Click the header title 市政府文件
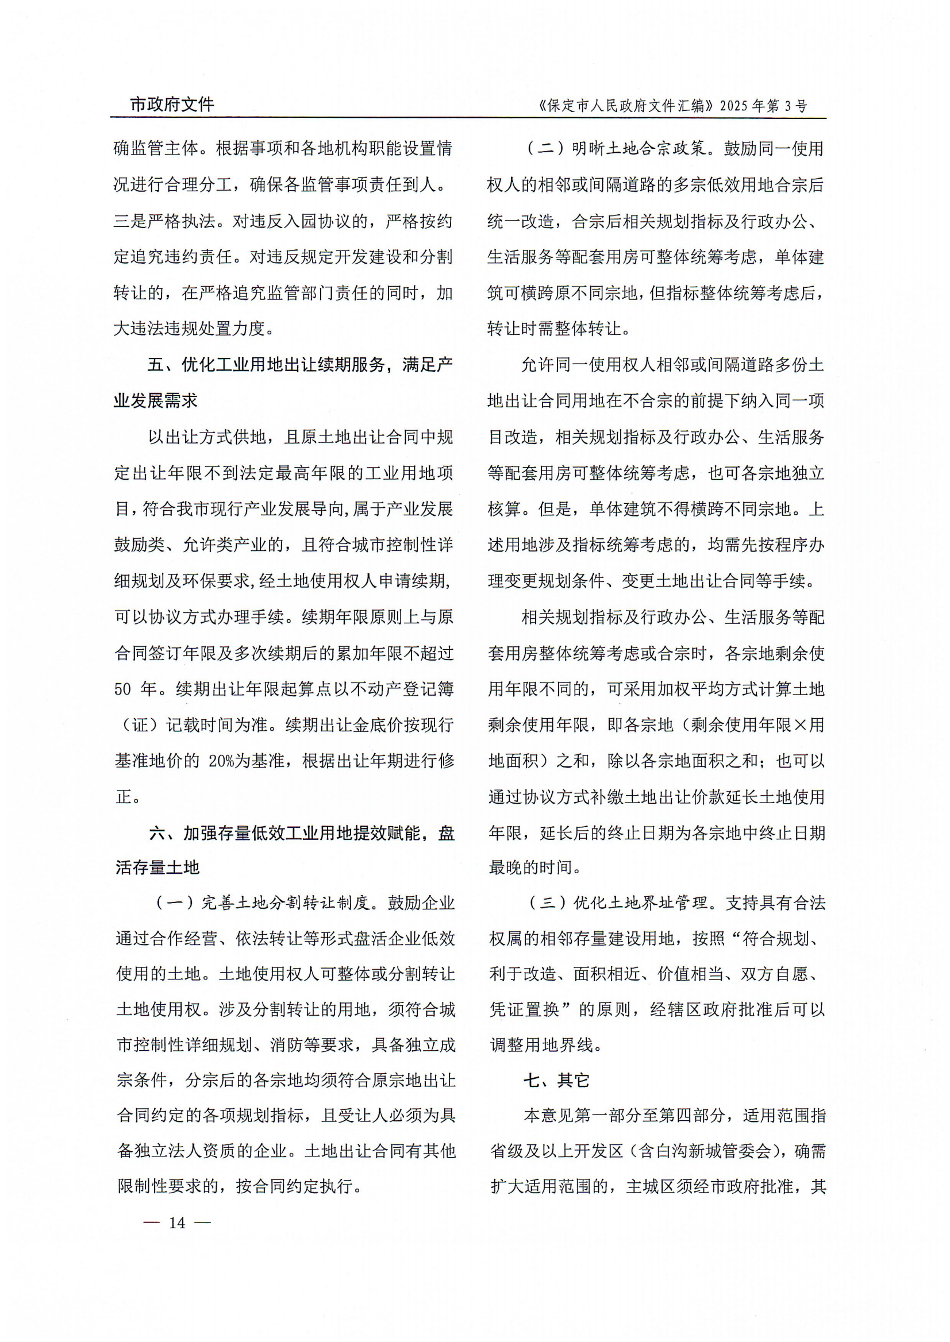point(172,105)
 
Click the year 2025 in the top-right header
point(734,106)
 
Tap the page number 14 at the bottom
point(176,1223)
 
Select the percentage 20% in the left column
point(222,761)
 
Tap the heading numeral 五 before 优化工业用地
point(156,365)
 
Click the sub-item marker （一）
point(176,904)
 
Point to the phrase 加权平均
point(683,689)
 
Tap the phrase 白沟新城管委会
point(714,1151)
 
